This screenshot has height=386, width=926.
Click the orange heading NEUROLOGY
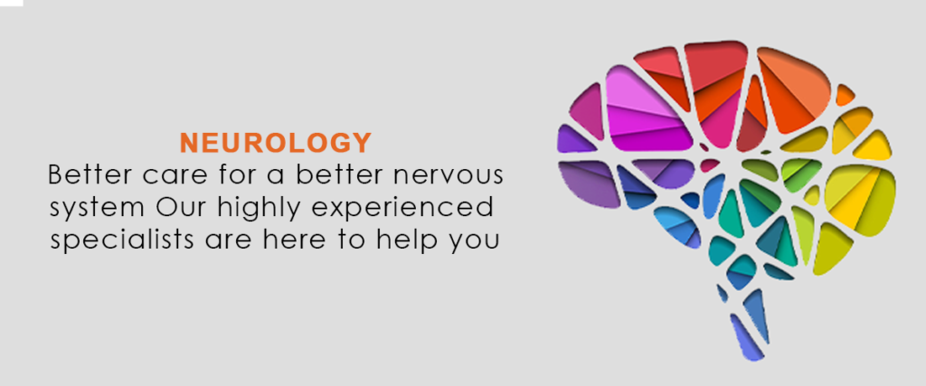pyautogui.click(x=275, y=143)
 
